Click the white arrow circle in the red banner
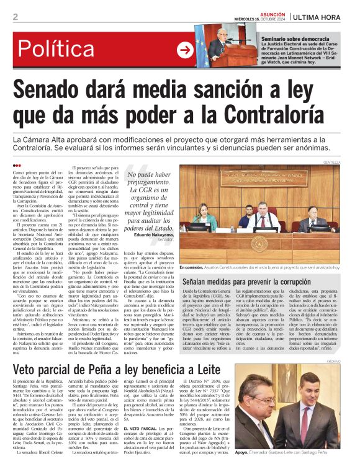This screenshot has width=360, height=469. pos(184,50)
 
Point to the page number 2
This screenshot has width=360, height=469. pos(15,17)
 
